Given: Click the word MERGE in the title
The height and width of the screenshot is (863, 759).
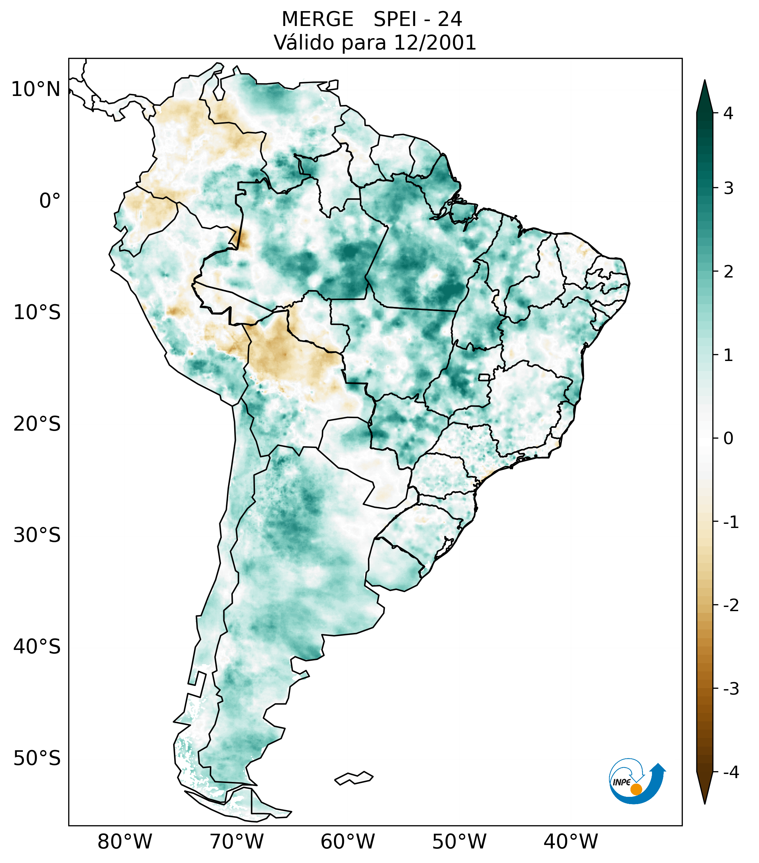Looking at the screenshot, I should [317, 19].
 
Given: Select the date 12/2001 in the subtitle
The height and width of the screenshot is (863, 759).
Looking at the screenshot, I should [435, 43].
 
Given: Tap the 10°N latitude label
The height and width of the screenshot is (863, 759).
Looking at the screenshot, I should [35, 89].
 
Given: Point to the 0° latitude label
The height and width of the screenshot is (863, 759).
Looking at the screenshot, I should [50, 201].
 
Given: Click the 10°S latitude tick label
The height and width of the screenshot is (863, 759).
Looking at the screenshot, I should [37, 312].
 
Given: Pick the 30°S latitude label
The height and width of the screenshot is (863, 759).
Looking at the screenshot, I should [37, 535].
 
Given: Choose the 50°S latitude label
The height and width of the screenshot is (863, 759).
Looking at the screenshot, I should [37, 759].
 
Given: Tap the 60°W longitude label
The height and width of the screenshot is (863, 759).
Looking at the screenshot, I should [347, 842].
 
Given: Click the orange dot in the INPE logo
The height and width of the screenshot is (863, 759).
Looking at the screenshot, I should [636, 789].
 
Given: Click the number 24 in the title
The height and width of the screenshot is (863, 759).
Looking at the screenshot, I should [450, 19].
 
